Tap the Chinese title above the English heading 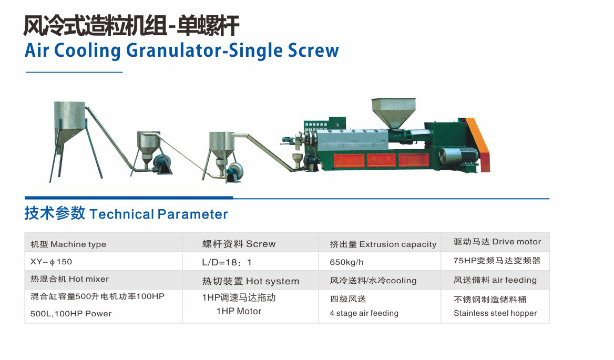(131, 26)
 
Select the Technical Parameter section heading (126, 213)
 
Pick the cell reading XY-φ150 (52, 261)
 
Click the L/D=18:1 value (227, 262)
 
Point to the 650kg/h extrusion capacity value (346, 262)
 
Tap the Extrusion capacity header (383, 244)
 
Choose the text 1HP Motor (239, 311)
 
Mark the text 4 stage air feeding (364, 313)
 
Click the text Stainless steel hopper (495, 313)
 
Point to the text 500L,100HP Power (71, 313)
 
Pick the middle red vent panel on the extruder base (381, 160)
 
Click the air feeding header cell (495, 280)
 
